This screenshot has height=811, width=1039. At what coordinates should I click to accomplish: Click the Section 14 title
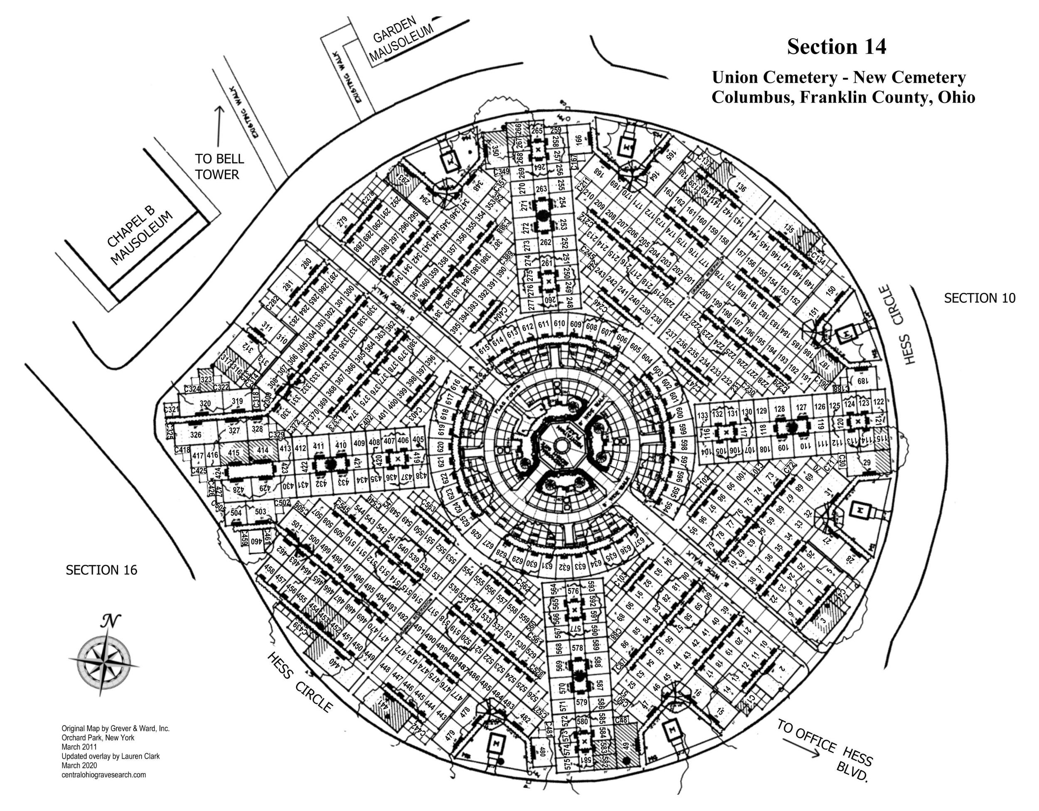point(836,47)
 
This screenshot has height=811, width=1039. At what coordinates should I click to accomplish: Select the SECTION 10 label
point(980,298)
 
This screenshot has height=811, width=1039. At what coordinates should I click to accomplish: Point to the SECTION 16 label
point(101,570)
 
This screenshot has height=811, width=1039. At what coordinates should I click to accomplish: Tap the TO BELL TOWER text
point(219,167)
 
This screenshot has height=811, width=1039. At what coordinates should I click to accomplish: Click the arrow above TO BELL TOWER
point(219,126)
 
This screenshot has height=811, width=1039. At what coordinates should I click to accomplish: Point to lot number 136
point(741,187)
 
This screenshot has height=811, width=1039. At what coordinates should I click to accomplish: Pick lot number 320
point(205,403)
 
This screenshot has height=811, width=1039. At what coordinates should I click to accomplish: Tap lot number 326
point(195,434)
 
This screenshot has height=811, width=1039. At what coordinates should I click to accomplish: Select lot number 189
point(862,381)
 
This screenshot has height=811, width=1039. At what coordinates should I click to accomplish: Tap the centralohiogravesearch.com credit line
point(104,775)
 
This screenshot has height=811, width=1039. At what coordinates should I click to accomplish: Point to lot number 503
point(260,511)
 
